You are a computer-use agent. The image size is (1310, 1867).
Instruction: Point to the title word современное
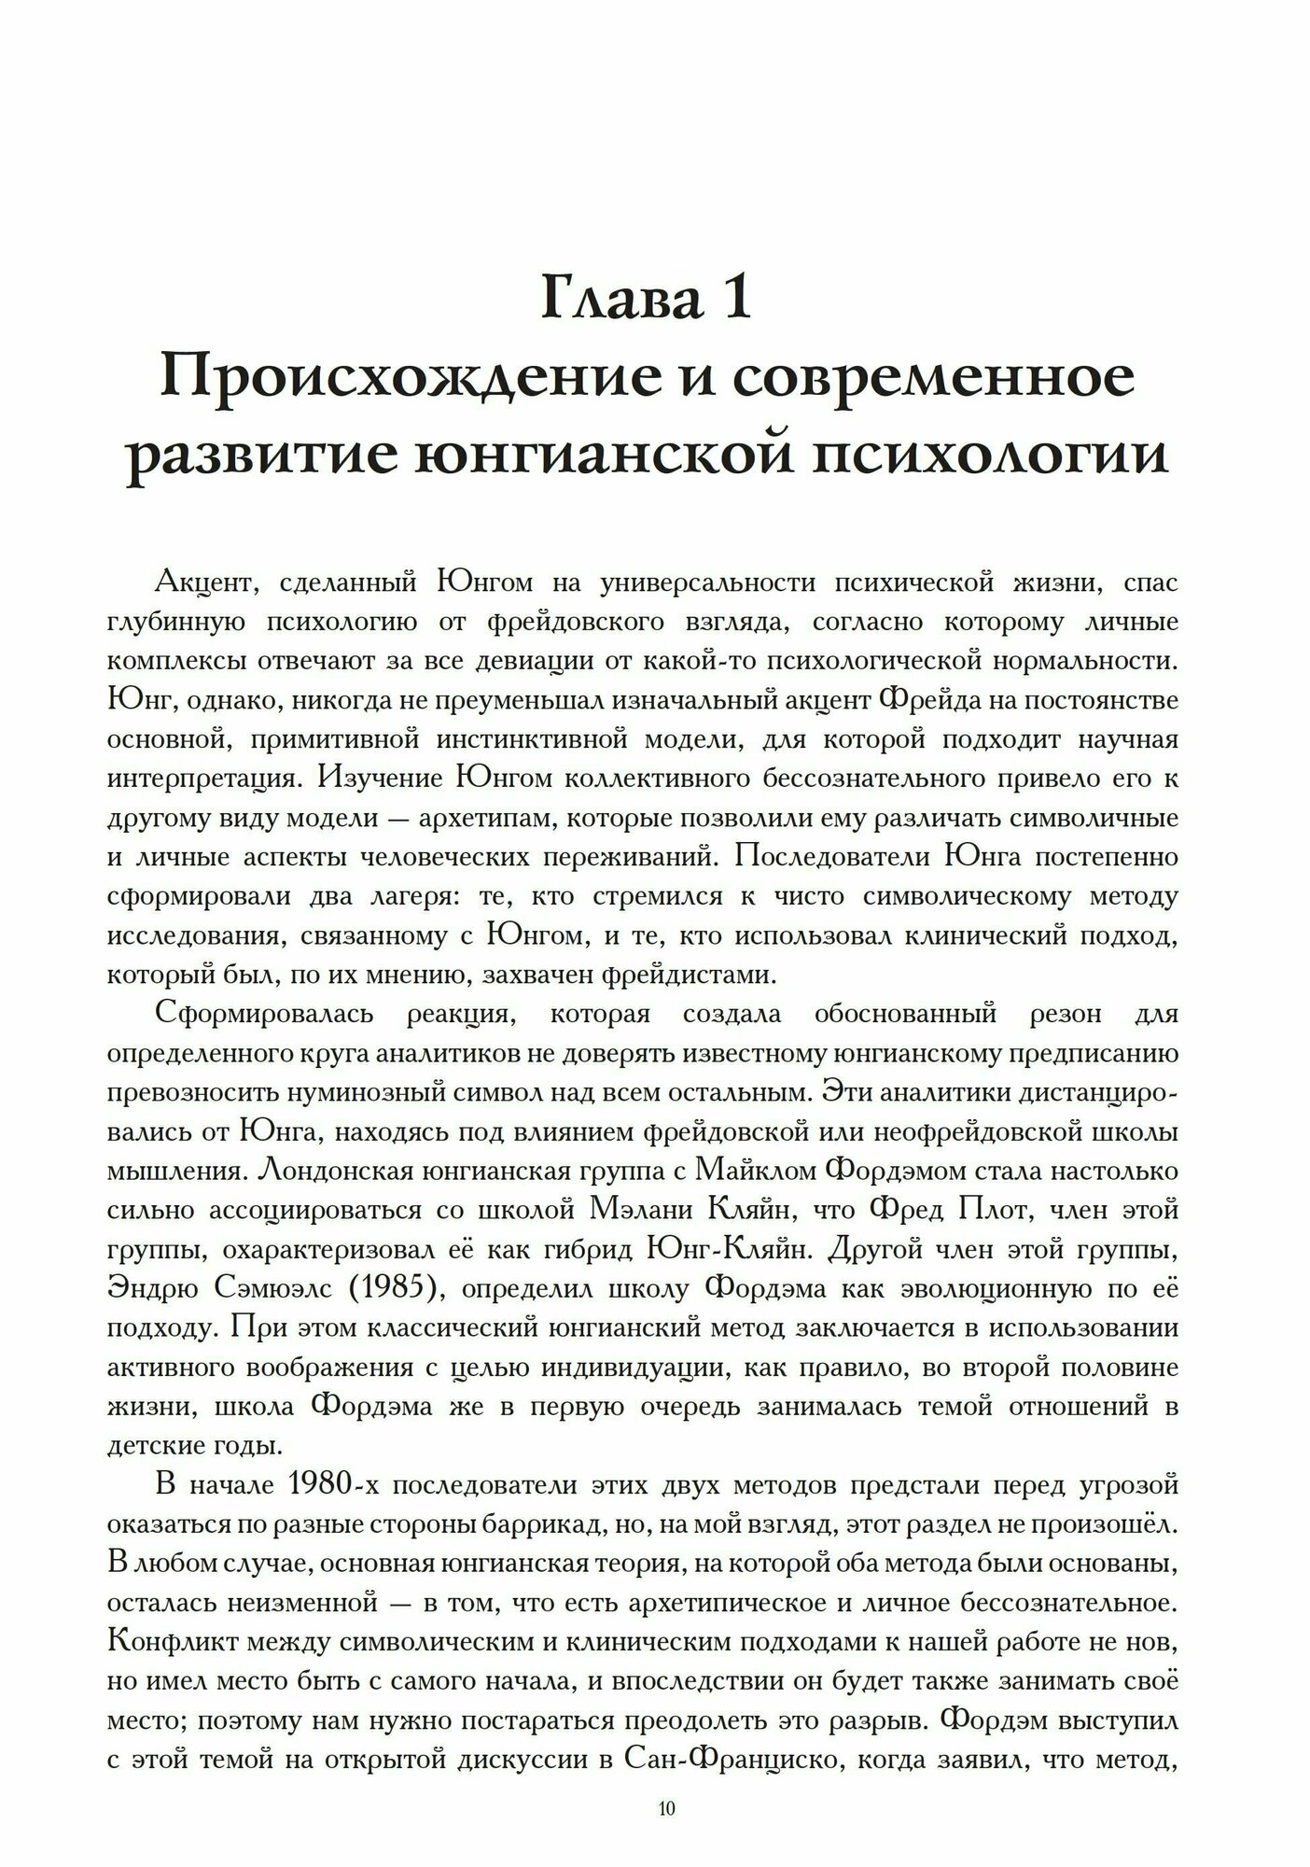point(932,378)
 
